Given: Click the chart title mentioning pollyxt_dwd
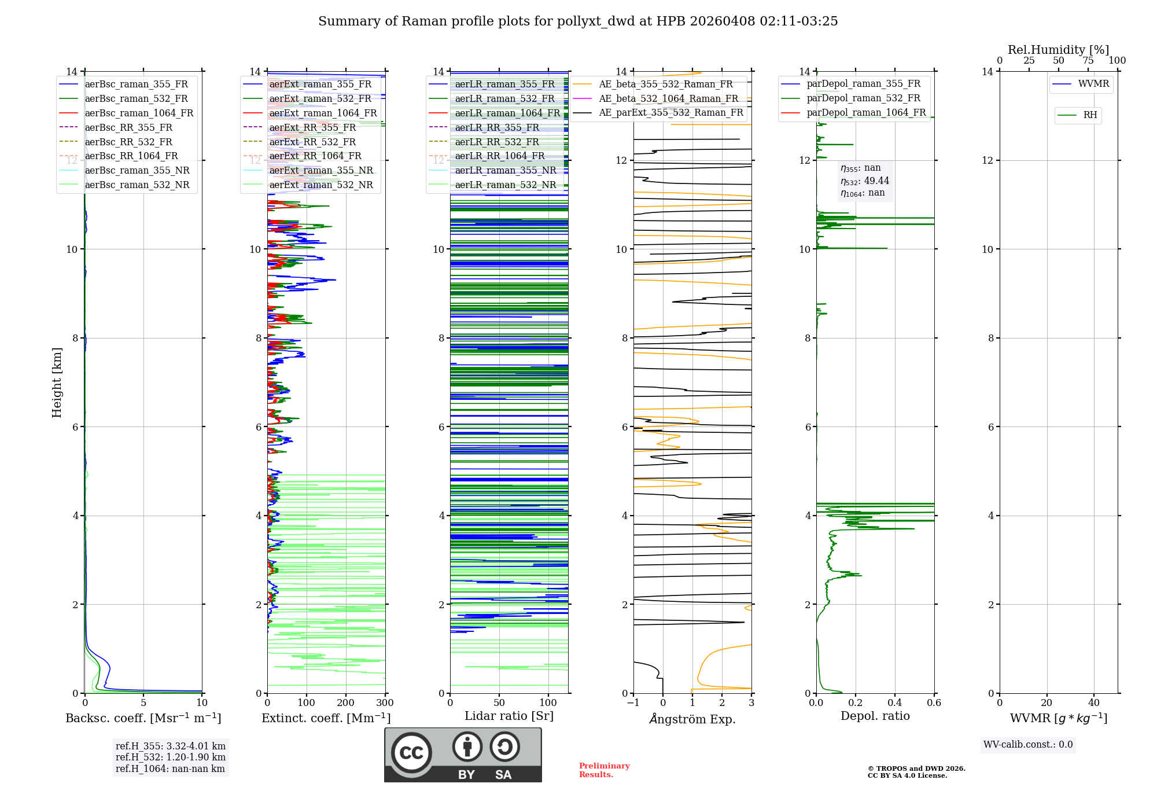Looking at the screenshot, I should [x=578, y=21].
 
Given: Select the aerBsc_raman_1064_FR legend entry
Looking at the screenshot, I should [x=139, y=113].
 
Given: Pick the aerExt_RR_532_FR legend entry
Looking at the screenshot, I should [x=312, y=142].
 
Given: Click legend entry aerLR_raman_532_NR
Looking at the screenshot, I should [x=505, y=185].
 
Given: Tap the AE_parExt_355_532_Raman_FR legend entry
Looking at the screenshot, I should [x=670, y=113].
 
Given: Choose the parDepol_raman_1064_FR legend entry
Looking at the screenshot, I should [x=866, y=113].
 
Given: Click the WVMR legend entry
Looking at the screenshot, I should [x=1093, y=84].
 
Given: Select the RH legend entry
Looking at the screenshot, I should [x=1090, y=115].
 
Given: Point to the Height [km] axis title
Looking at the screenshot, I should [x=57, y=383].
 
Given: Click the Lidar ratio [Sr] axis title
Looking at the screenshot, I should [x=509, y=716].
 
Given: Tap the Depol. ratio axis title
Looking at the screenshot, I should [x=875, y=716].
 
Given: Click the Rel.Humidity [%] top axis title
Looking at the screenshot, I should [x=1058, y=50].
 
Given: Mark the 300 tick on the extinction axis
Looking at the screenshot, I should [x=385, y=703].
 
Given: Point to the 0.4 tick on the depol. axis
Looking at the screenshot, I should [x=894, y=703].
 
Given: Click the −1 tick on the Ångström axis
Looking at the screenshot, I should [x=633, y=703].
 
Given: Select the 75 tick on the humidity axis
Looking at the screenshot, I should [x=1088, y=61].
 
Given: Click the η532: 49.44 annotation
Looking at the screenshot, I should [x=865, y=181].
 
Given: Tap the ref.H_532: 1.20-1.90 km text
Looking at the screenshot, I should [x=171, y=757].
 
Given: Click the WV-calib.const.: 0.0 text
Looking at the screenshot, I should [x=1028, y=745].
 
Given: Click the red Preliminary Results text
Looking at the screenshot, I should [x=604, y=770].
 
